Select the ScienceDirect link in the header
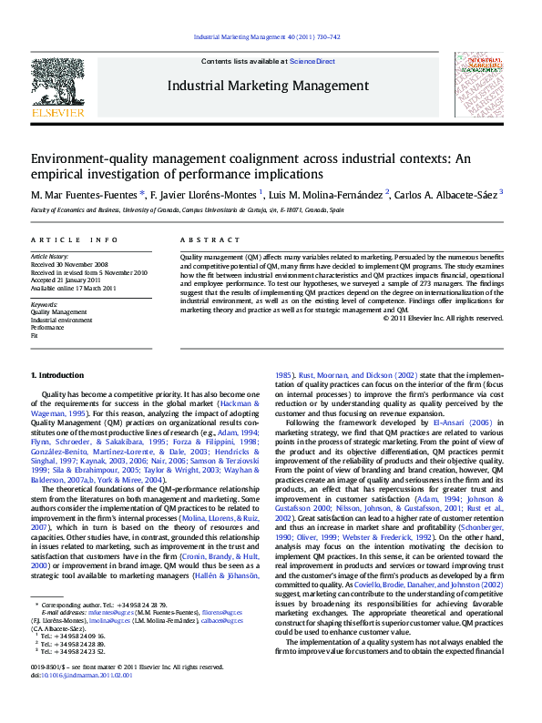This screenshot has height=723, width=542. [312, 61]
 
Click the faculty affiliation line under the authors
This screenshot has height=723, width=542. [188, 210]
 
